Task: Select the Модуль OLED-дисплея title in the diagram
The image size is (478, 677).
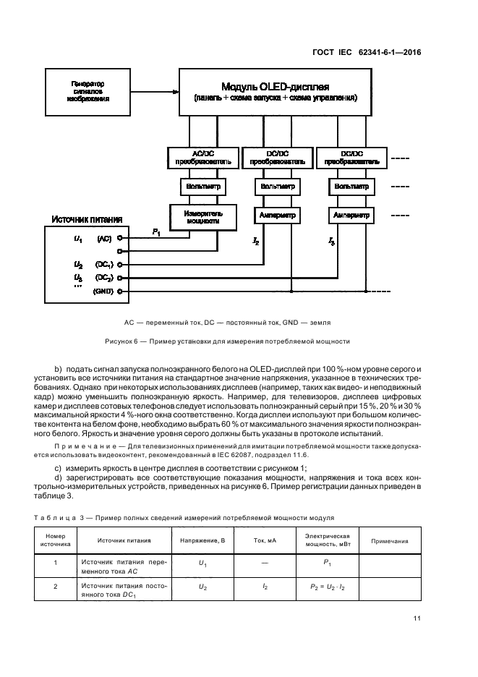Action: point(276,85)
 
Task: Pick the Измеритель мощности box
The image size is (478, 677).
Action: point(202,217)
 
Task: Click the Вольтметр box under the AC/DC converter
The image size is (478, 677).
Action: point(202,187)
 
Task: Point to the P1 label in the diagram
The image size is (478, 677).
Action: point(156,231)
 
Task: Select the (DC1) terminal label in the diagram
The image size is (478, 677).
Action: point(103,265)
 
